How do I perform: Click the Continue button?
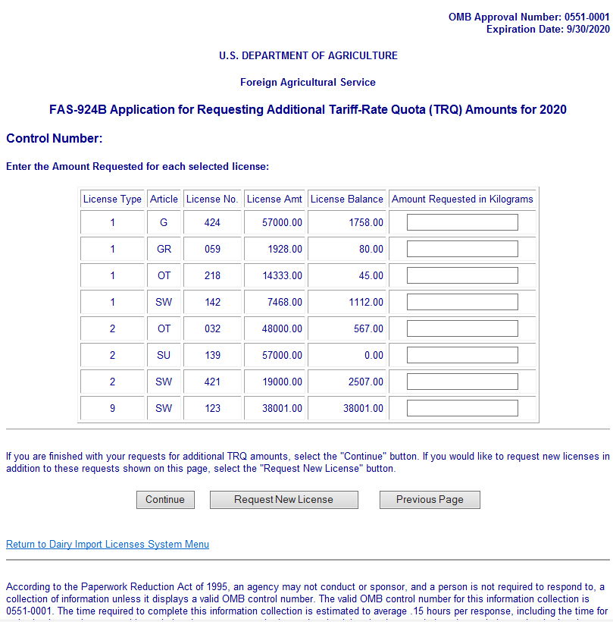[165, 499]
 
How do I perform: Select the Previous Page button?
[430, 499]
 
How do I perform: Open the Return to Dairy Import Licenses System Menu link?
[108, 544]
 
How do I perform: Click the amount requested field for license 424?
[462, 222]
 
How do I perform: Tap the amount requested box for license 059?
[462, 249]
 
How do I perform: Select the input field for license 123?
[462, 408]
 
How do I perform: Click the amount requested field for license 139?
[462, 355]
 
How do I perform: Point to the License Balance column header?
[347, 199]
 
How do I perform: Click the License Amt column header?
[274, 199]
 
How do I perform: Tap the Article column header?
[164, 199]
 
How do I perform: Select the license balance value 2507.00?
[366, 382]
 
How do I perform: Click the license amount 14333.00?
[281, 275]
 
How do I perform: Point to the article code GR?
[164, 249]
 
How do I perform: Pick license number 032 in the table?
[212, 328]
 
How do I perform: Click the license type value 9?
[112, 408]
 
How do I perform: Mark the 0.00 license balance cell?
[372, 355]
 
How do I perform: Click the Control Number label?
[54, 138]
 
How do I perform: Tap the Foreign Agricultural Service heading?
[308, 82]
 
